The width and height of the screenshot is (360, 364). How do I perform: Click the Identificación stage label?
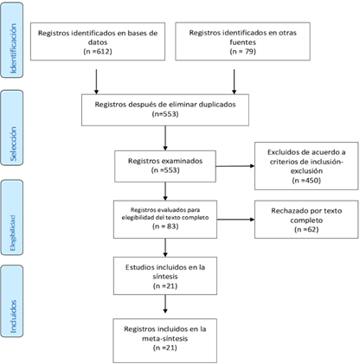(x=13, y=48)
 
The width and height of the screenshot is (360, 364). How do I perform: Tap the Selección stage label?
(x=13, y=144)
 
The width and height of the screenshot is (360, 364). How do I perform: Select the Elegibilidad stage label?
(x=12, y=233)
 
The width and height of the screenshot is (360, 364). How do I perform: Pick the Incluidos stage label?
(x=13, y=316)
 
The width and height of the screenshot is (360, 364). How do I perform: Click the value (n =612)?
(x=98, y=52)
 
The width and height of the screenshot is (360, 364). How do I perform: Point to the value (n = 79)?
(x=242, y=52)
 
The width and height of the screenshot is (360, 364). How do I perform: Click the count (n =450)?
(x=306, y=181)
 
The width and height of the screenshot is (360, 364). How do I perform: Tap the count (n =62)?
(x=306, y=229)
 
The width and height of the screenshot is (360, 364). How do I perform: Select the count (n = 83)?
(x=165, y=227)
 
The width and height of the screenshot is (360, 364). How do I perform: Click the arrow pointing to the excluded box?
(x=235, y=166)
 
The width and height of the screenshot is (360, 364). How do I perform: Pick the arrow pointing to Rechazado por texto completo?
(x=235, y=220)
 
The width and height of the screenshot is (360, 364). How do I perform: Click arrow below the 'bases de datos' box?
(x=96, y=81)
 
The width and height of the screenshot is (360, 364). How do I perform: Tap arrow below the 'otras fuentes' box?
(x=234, y=81)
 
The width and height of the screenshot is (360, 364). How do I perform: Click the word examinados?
(x=182, y=161)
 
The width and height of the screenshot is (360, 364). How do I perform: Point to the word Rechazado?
(x=289, y=211)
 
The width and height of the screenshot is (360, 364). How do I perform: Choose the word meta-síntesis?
(x=164, y=338)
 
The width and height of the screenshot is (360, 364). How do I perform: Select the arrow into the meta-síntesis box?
(x=165, y=303)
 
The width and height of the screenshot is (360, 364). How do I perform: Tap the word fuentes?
(x=242, y=42)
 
